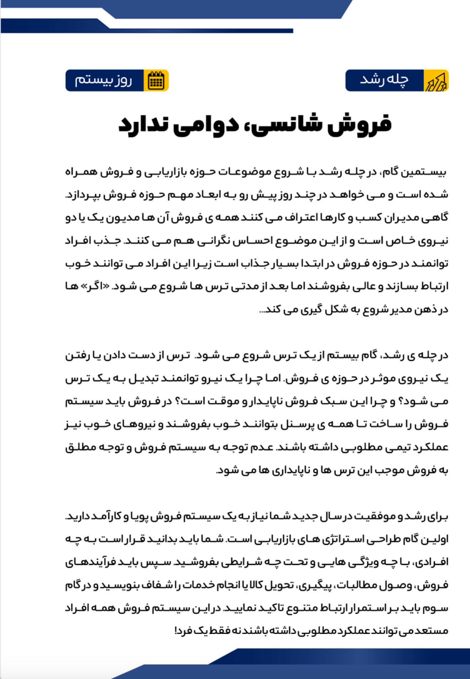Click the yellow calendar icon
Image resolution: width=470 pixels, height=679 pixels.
(156, 81)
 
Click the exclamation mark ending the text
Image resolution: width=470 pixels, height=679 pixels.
(175, 632)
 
